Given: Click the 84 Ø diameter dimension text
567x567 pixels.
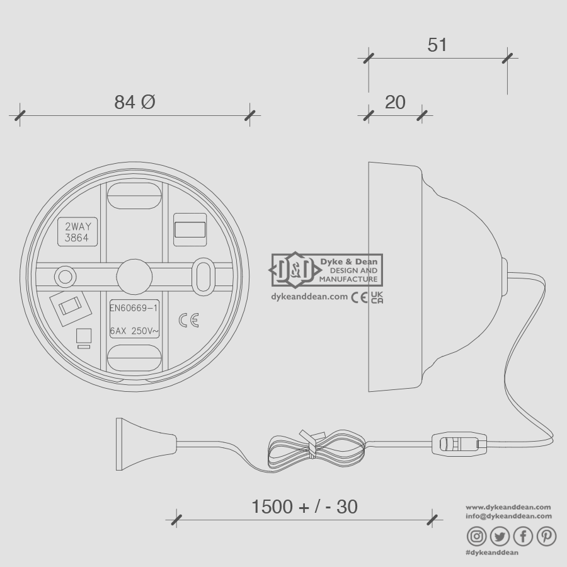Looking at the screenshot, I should (134, 101).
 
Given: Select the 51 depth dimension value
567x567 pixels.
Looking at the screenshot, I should (437, 45).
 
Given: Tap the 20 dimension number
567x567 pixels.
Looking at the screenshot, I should (395, 102).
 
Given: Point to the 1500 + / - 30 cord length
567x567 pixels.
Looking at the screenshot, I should (304, 507).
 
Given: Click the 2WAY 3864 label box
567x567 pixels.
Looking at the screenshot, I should (77, 232).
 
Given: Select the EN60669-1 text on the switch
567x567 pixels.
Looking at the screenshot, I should (134, 308).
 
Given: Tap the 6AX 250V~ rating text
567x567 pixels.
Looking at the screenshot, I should (134, 331).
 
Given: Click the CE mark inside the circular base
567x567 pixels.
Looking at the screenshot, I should (188, 320).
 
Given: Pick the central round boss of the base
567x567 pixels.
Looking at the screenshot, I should (134, 275).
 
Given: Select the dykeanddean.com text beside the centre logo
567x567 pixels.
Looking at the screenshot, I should (309, 297).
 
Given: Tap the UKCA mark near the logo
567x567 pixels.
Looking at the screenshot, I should (377, 297).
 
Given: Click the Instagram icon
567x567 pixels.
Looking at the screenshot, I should (477, 536).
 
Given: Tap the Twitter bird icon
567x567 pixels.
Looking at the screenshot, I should (500, 536).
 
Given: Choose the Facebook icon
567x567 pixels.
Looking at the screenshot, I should (523, 536).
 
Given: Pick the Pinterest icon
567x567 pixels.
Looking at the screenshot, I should (546, 536).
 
